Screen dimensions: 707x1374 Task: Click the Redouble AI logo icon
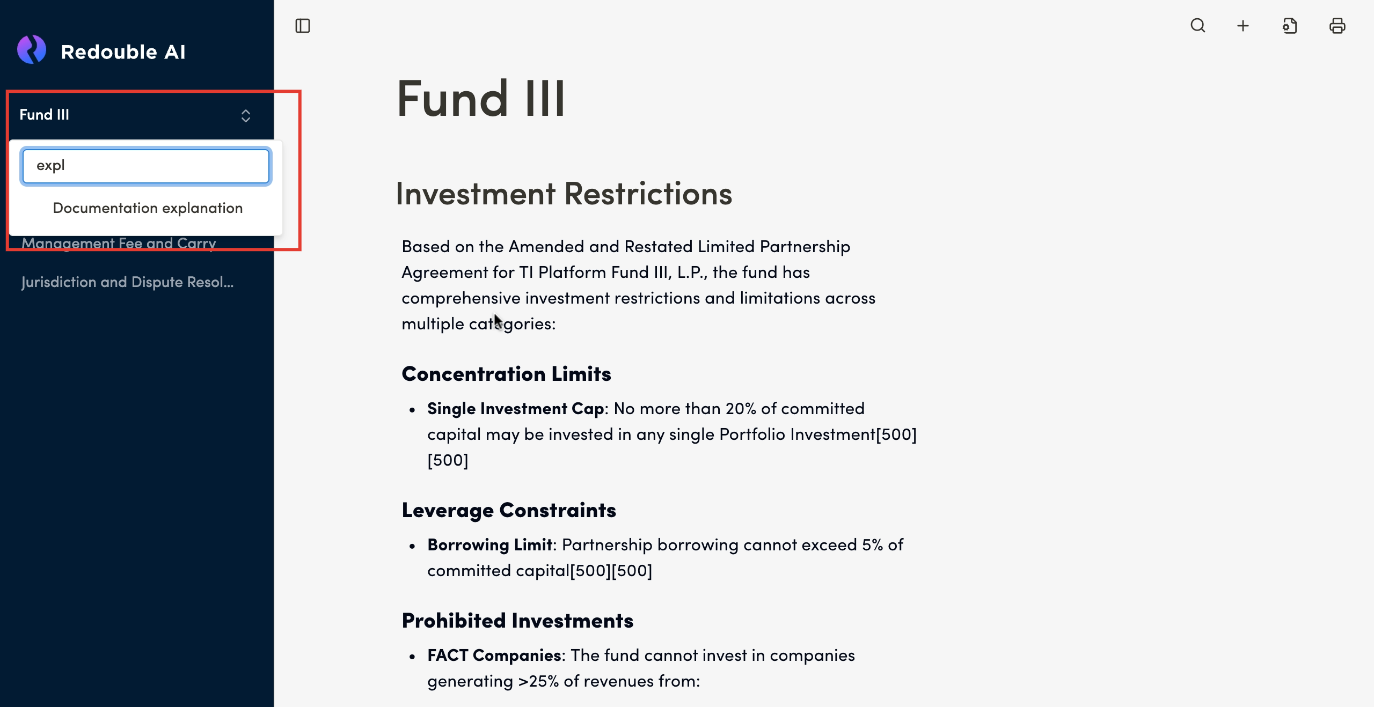pyautogui.click(x=32, y=50)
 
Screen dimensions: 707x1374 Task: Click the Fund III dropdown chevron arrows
pyautogui.click(x=246, y=115)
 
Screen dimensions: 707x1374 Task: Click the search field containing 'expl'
pyautogui.click(x=146, y=166)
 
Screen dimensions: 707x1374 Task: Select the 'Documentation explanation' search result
pyautogui.click(x=148, y=208)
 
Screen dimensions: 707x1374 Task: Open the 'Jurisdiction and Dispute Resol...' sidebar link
pyautogui.click(x=128, y=282)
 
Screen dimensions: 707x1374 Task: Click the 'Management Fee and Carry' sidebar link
pyautogui.click(x=119, y=244)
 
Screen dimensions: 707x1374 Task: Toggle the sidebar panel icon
pyautogui.click(x=303, y=26)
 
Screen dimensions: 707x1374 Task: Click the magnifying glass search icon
pyautogui.click(x=1198, y=26)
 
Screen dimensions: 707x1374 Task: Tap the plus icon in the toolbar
pyautogui.click(x=1243, y=26)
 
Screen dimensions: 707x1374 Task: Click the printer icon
pyautogui.click(x=1337, y=26)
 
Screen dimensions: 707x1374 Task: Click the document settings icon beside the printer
pyautogui.click(x=1290, y=26)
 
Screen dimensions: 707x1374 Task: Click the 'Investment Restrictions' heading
pyautogui.click(x=564, y=194)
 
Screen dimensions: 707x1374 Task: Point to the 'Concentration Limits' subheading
pyautogui.click(x=506, y=374)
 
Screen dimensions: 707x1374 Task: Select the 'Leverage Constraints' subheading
pyautogui.click(x=509, y=510)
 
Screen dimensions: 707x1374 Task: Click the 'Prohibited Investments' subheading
pyautogui.click(x=517, y=621)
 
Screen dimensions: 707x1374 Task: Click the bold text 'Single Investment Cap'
pyautogui.click(x=515, y=409)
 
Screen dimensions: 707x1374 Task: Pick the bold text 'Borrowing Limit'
pyautogui.click(x=489, y=545)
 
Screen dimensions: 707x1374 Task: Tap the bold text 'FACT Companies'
pyautogui.click(x=494, y=656)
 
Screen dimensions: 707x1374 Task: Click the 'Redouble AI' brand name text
pyautogui.click(x=123, y=52)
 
